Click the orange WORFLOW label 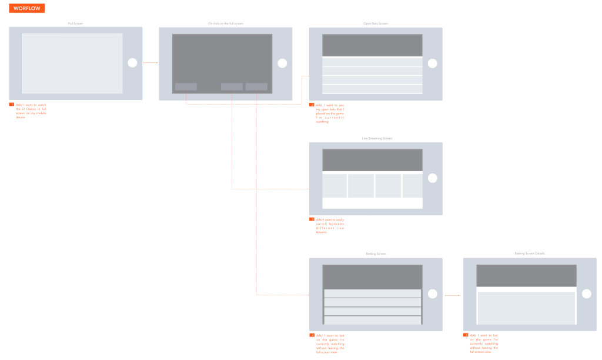pos(28,8)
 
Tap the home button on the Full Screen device pos(132,63)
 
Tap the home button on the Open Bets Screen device pos(433,64)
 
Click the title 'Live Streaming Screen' pos(376,138)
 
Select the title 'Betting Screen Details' pos(530,254)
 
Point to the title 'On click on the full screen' pos(225,24)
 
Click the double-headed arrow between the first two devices pos(150,63)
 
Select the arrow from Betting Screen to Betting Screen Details pos(452,296)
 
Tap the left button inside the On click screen pos(186,87)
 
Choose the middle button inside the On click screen pos(232,87)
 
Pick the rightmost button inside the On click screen pos(256,87)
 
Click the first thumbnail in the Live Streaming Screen pos(334,186)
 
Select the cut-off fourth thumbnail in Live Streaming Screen pos(413,186)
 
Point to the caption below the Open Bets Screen pos(330,113)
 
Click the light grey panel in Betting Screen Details pos(526,306)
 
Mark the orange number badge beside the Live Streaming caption pos(312,219)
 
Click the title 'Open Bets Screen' pos(376,24)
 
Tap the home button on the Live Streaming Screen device pos(433,178)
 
